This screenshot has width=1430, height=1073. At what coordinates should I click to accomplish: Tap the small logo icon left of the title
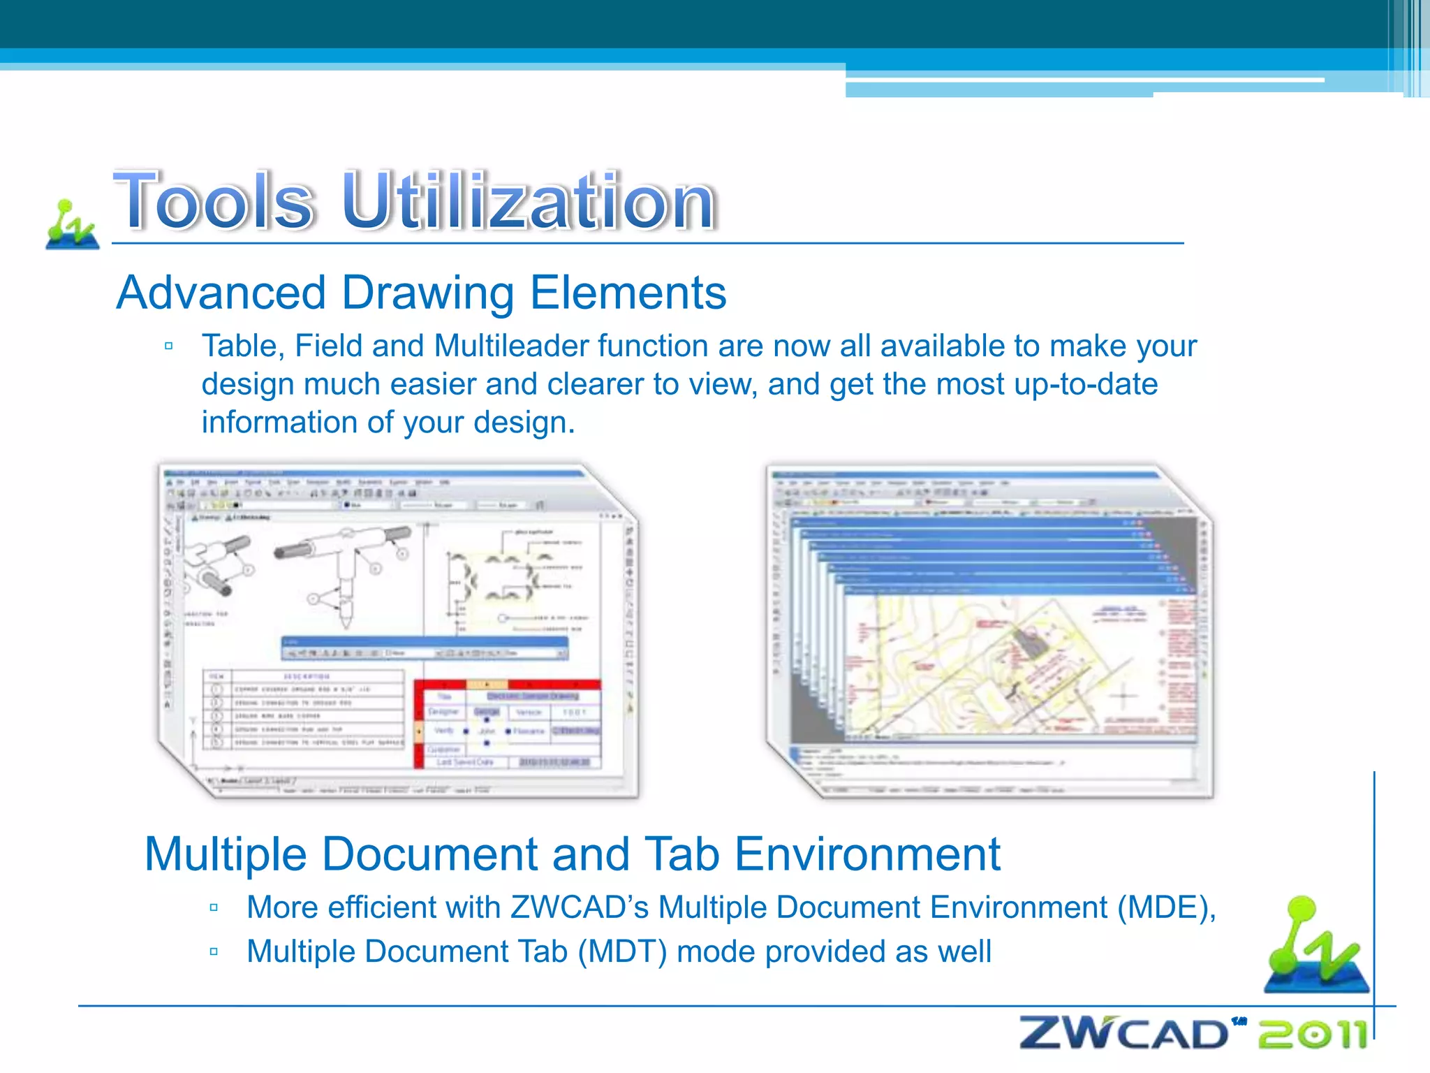point(72,224)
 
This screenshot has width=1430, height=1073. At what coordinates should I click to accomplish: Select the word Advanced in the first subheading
point(221,292)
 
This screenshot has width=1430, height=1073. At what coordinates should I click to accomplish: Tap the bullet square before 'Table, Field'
point(168,346)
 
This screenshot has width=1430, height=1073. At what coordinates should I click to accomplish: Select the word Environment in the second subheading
point(867,854)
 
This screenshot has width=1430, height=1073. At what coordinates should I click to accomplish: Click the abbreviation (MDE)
point(1165,907)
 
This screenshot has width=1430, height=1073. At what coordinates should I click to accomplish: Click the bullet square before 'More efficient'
point(214,908)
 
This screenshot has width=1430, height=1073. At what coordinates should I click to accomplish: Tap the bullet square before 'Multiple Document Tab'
point(214,951)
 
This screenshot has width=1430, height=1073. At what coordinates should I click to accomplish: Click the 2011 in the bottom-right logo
point(1312,1035)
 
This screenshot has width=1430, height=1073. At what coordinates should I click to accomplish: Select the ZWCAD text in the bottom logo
point(1123,1034)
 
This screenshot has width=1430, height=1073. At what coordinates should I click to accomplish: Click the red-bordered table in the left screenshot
point(508,724)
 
